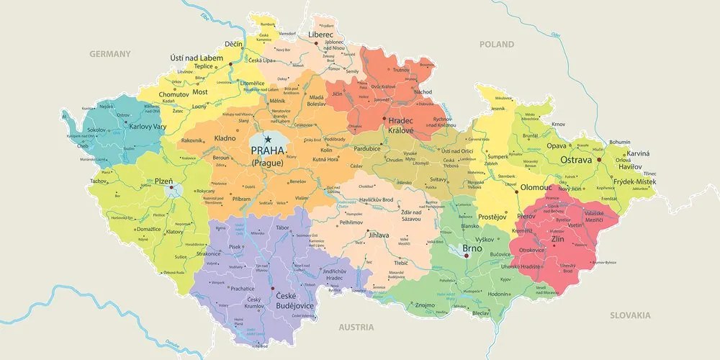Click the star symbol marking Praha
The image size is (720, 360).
[268, 139]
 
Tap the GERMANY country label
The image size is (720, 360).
[110, 54]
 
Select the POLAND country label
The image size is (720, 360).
[497, 45]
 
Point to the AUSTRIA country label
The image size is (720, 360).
[356, 327]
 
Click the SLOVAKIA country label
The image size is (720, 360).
[630, 315]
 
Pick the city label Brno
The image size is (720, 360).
[472, 248]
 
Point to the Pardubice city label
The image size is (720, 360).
[366, 149]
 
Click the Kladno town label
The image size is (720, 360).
[225, 138]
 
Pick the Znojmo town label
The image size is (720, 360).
[426, 305]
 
